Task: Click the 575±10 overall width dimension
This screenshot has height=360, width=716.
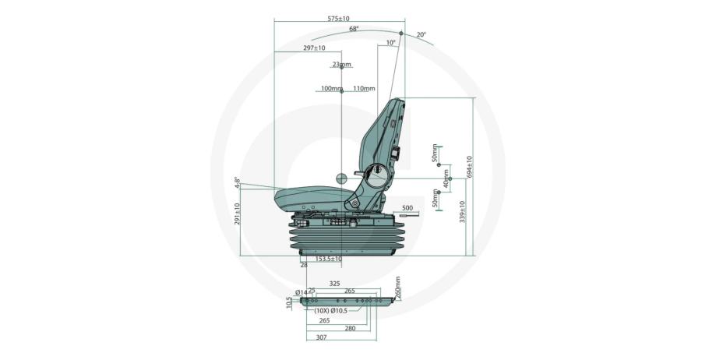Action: coord(338,18)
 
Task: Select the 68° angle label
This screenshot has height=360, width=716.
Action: coord(354,29)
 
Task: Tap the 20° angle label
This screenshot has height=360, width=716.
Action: coord(421,35)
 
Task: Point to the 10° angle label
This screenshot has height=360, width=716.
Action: coord(391,44)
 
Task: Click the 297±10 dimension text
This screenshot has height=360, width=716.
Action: coord(314,48)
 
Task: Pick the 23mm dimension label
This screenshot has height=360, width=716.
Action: coord(341,65)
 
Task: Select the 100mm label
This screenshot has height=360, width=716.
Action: coord(330,89)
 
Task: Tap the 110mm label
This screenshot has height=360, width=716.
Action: coord(364,89)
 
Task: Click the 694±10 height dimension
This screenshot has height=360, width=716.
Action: coord(470,168)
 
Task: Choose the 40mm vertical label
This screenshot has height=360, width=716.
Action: coord(446,181)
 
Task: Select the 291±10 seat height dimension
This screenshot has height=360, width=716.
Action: coord(237,214)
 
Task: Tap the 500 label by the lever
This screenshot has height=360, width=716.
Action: coord(407,208)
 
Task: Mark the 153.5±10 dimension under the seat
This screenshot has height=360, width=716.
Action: coord(329,258)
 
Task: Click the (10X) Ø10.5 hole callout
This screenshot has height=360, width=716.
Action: coord(332,310)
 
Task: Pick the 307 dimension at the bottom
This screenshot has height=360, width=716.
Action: coord(320,337)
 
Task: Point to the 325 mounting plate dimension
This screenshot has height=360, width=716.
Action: coord(335,284)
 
